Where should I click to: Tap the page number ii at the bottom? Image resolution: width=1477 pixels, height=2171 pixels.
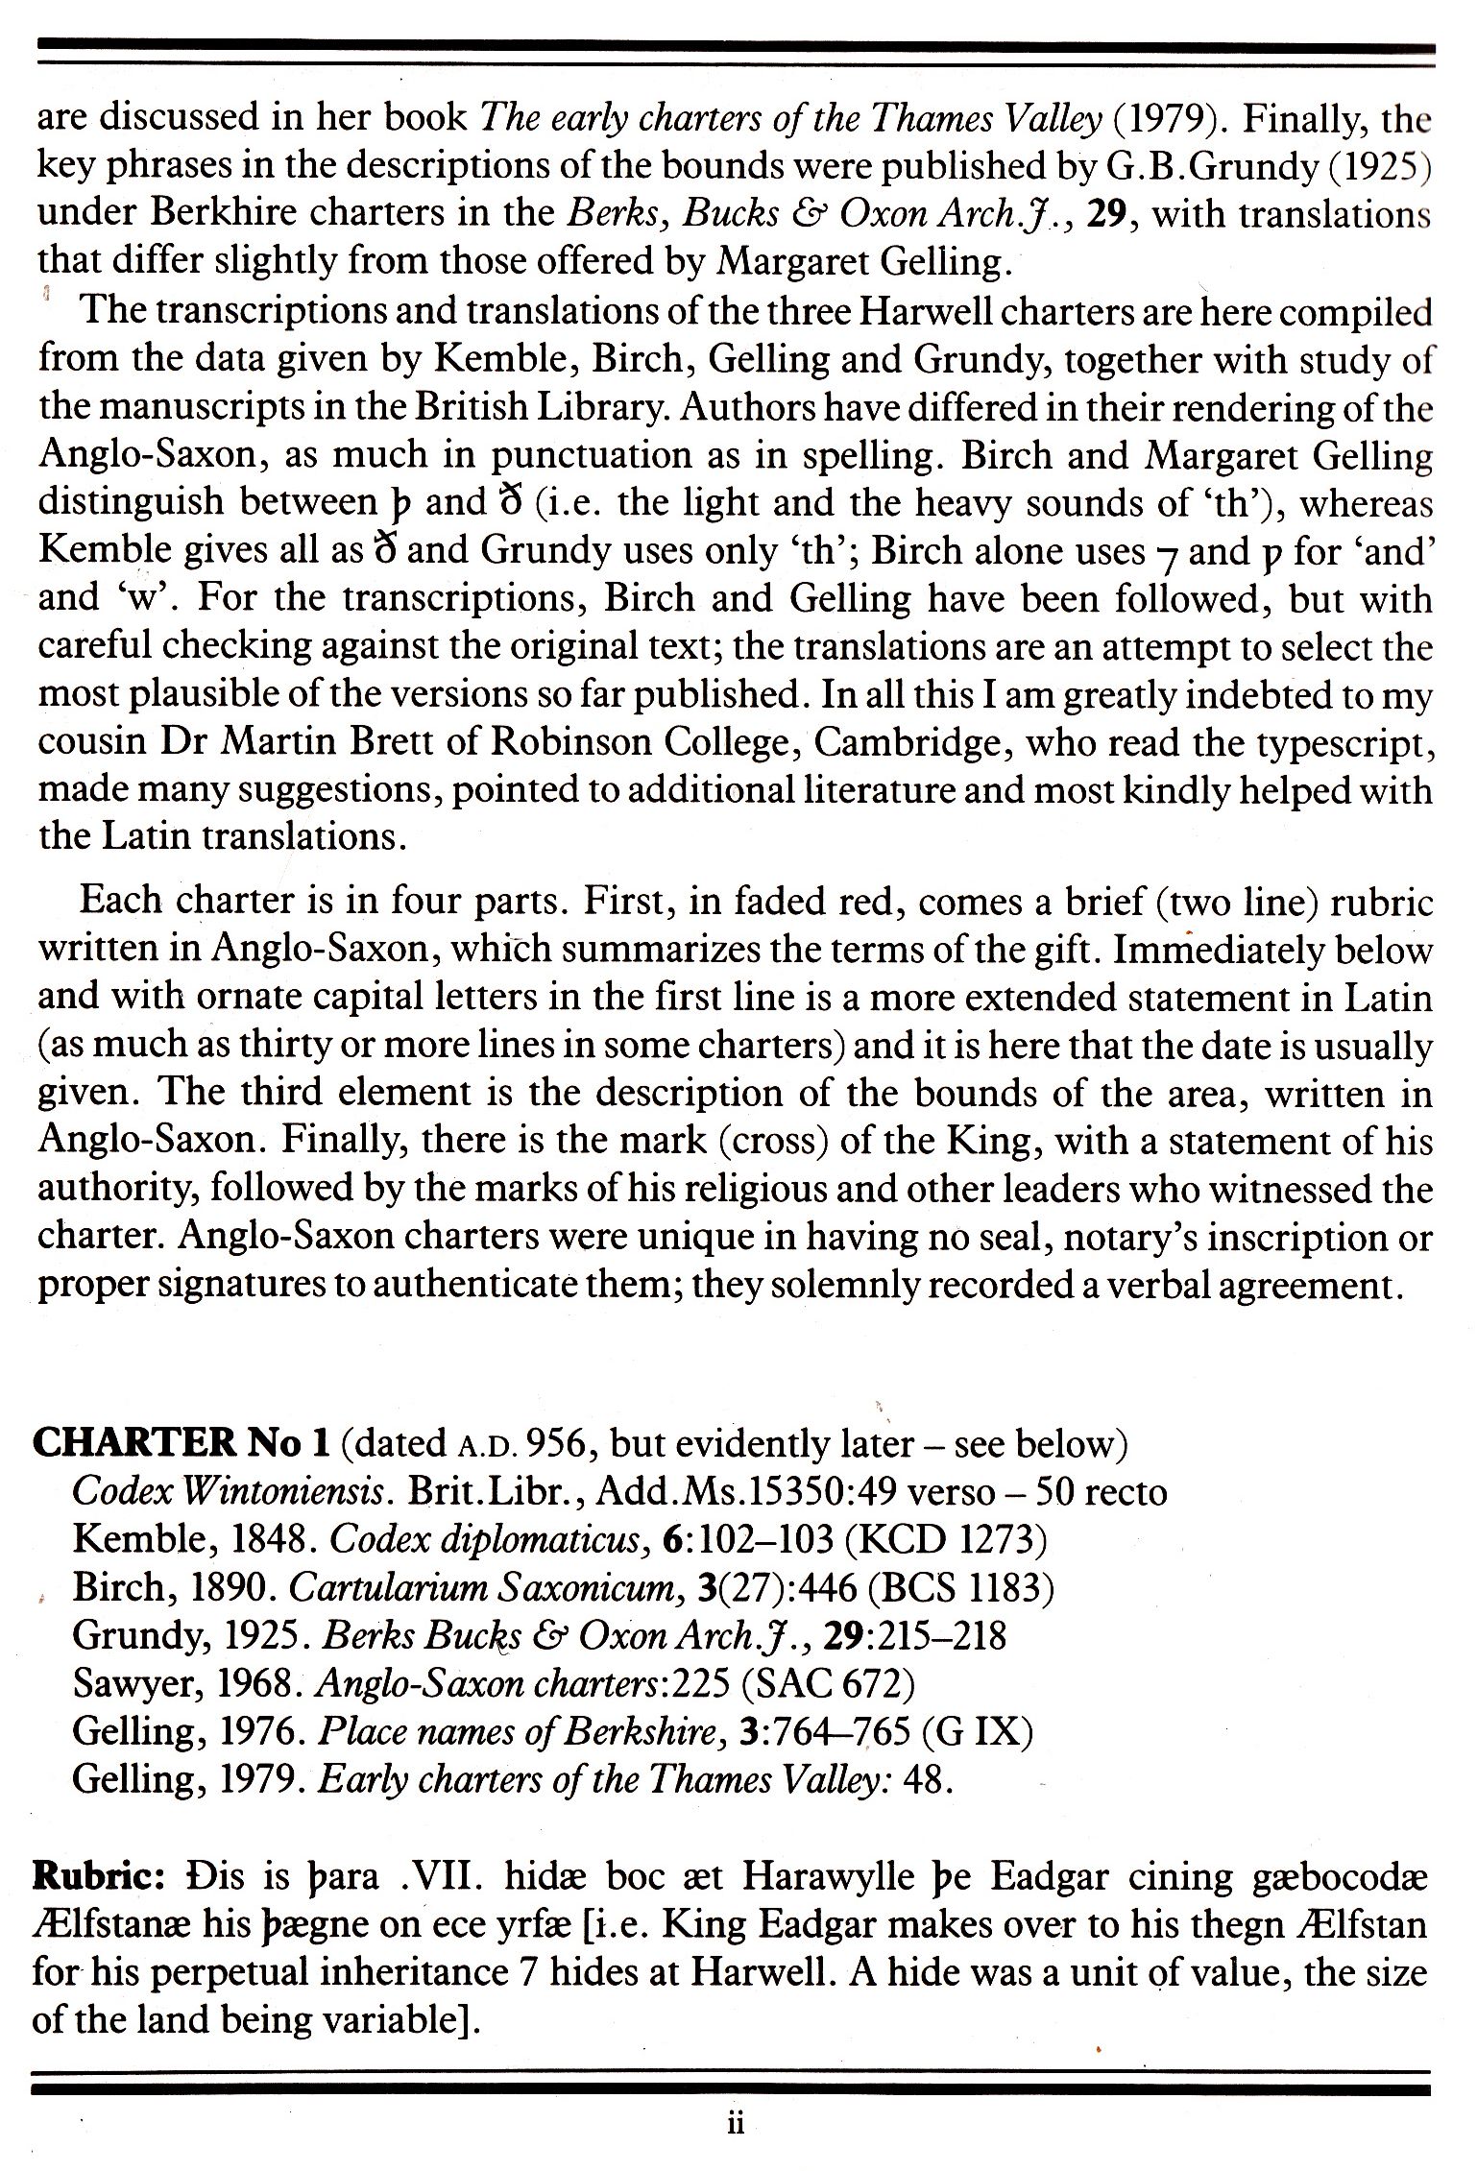click(736, 2125)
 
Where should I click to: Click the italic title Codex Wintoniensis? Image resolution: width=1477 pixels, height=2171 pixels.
click(230, 1492)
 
